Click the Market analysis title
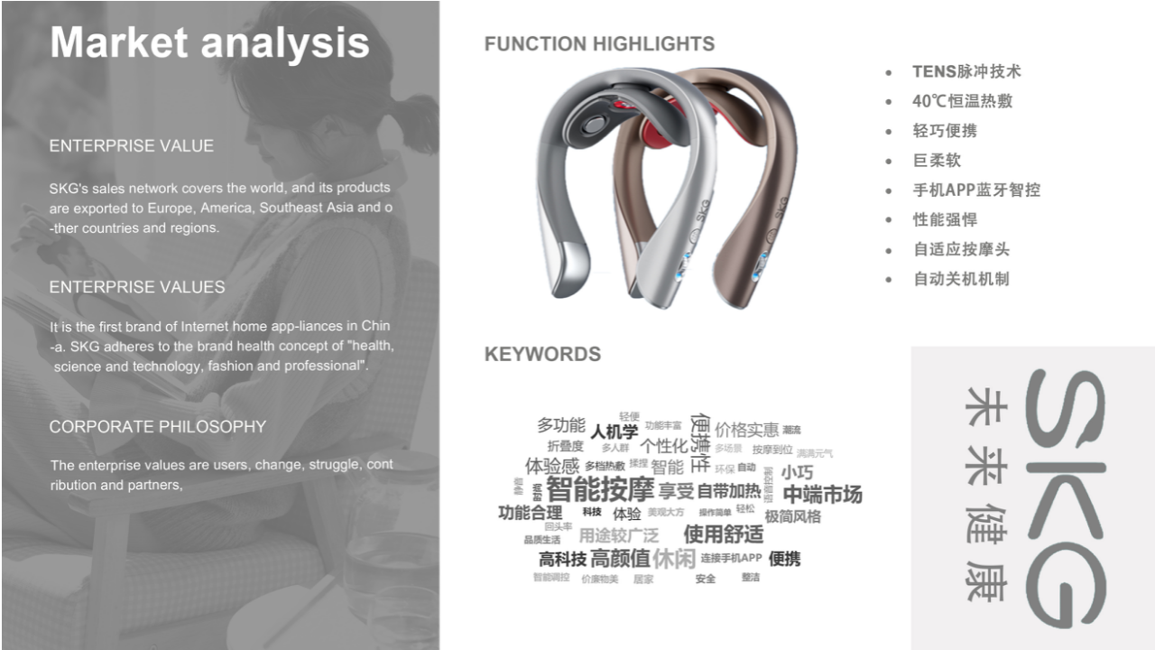[209, 42]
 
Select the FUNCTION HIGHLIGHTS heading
[599, 43]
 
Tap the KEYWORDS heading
[542, 354]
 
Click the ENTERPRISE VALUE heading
[131, 146]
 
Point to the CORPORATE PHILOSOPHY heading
[157, 427]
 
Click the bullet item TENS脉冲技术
[966, 71]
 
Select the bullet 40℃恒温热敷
[962, 101]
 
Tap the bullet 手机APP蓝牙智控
[976, 190]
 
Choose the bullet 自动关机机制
[961, 279]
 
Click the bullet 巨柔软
[937, 161]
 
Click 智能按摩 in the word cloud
[599, 490]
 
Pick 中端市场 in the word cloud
[822, 494]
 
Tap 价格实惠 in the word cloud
[746, 430]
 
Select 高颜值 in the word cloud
[620, 558]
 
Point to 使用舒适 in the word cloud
[723, 534]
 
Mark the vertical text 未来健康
[984, 495]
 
